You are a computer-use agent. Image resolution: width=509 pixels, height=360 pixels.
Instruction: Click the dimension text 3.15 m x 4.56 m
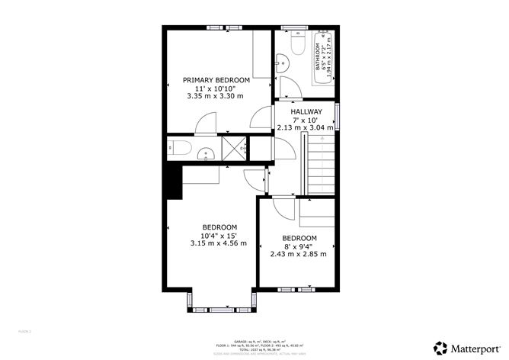click(219, 243)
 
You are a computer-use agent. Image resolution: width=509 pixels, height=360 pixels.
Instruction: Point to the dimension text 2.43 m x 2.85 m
click(298, 253)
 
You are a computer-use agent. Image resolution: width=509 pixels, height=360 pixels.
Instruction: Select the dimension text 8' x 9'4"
click(298, 246)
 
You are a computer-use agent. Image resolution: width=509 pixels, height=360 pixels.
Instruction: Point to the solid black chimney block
click(171, 182)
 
